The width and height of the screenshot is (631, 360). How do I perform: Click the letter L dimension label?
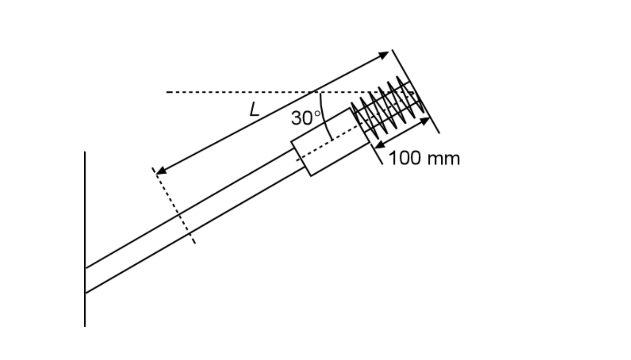point(254,110)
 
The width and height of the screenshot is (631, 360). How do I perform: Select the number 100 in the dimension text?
point(404,158)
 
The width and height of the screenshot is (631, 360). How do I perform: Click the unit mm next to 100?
point(443,159)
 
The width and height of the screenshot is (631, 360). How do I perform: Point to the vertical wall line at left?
point(85,237)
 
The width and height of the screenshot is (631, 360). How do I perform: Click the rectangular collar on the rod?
point(330,141)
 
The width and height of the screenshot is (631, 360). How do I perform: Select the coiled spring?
point(387,106)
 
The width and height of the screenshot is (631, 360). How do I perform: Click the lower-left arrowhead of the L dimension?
point(160,171)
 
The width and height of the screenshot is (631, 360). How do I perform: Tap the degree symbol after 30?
point(317,114)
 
